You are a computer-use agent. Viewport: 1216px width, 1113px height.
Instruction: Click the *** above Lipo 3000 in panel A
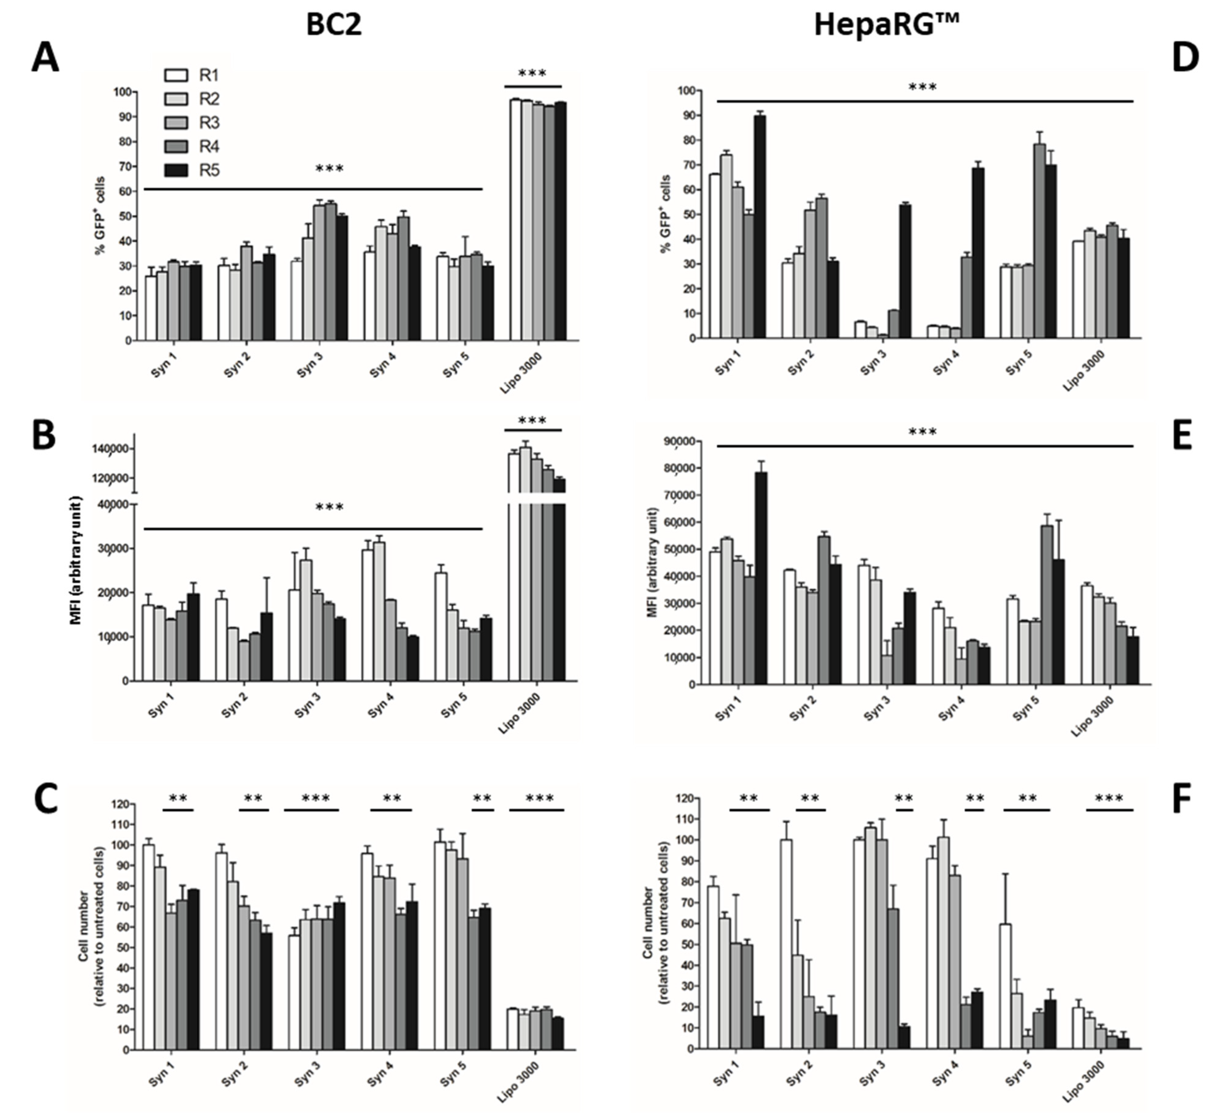[533, 74]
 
